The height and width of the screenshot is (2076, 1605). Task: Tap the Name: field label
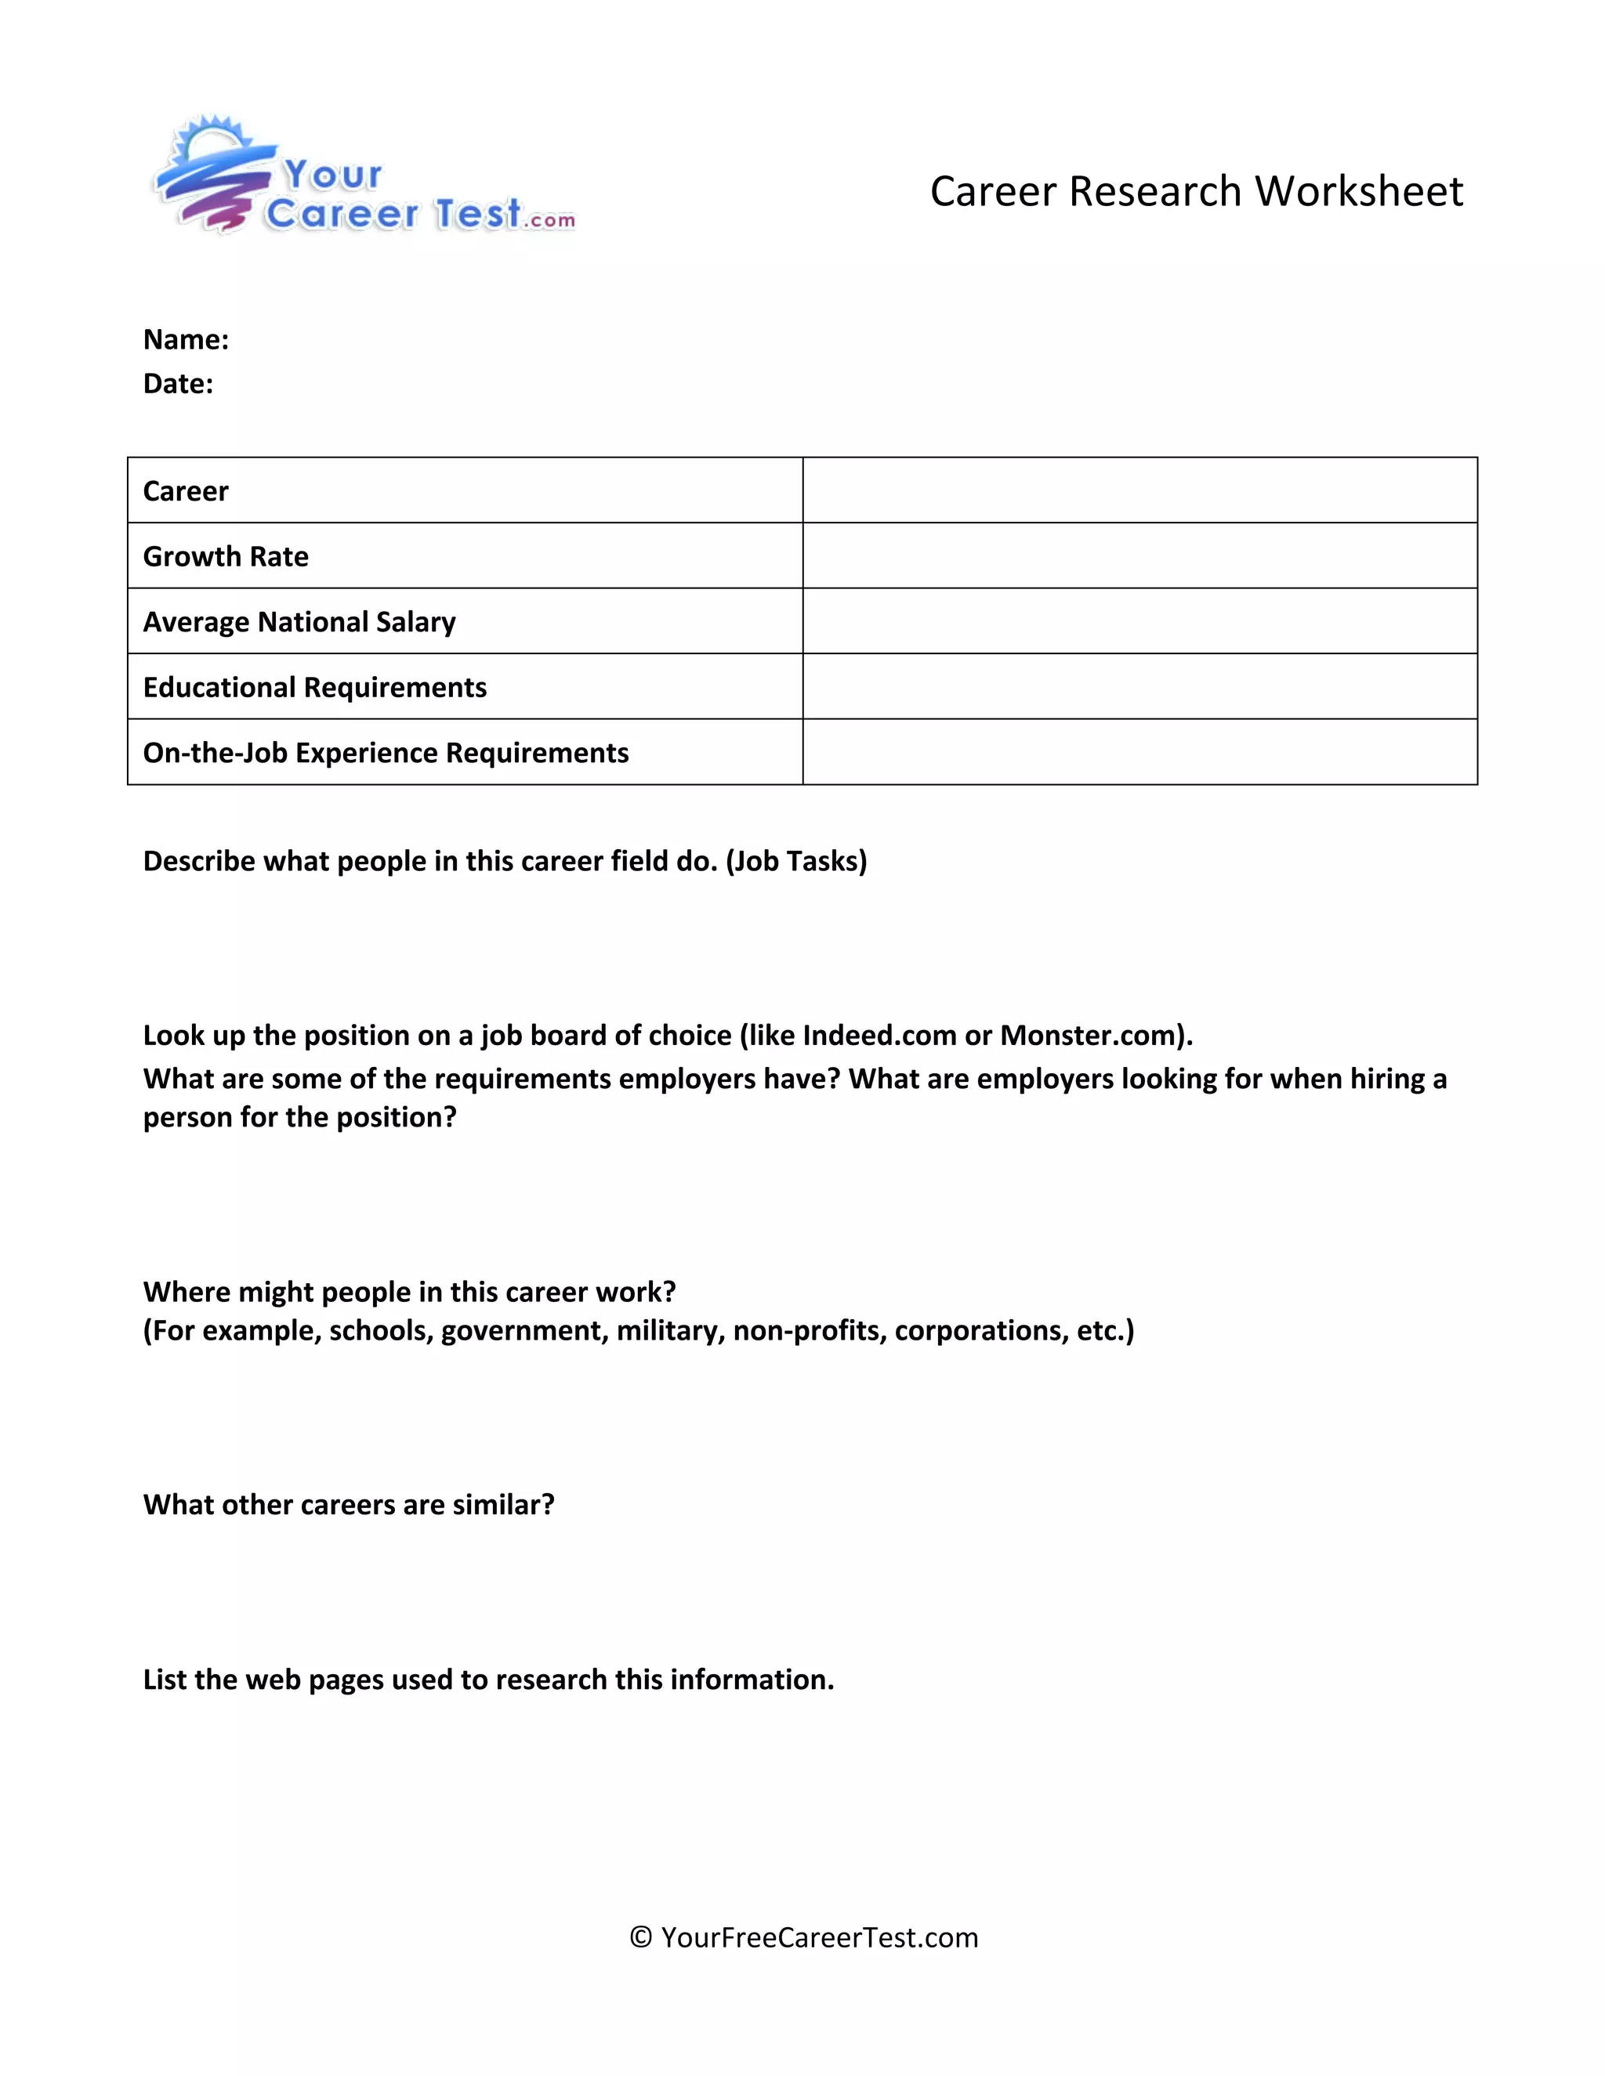click(x=186, y=339)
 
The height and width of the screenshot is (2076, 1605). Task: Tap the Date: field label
click(x=178, y=383)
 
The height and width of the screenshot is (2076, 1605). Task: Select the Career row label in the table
click(x=186, y=491)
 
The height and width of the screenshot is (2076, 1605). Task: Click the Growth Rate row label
click(x=226, y=556)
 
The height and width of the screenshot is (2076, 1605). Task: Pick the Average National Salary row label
click(x=299, y=622)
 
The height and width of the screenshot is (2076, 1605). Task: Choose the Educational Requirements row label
click(x=313, y=687)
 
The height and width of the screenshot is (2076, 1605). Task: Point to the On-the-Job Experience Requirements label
click(x=385, y=753)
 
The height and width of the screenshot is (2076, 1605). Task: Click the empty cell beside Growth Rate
click(x=1139, y=556)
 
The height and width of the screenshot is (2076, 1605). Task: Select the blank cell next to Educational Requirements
click(x=1139, y=687)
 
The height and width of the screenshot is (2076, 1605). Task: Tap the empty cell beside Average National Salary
click(x=1139, y=622)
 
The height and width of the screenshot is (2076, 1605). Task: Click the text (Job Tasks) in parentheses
click(x=796, y=861)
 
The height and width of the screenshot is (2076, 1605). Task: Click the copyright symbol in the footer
click(x=641, y=1937)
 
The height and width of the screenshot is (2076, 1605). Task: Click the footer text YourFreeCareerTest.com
click(x=819, y=1937)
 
